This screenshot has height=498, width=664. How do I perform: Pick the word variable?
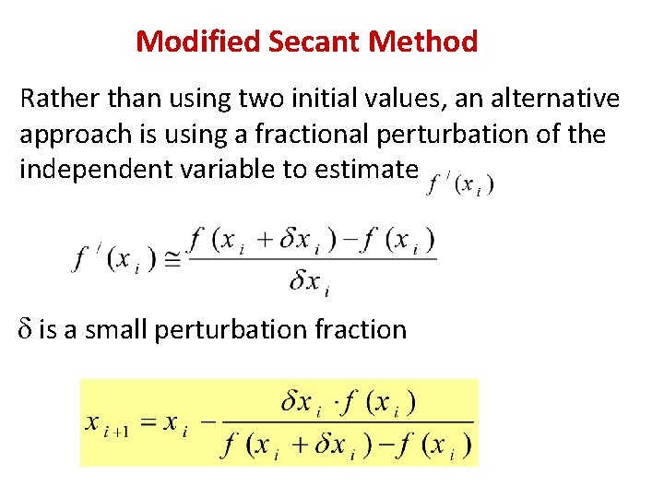(x=221, y=171)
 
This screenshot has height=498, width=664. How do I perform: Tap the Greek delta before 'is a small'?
(x=26, y=329)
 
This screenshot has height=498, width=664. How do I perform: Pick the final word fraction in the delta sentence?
(x=360, y=329)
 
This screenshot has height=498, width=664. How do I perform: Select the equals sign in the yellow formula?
(x=148, y=422)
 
